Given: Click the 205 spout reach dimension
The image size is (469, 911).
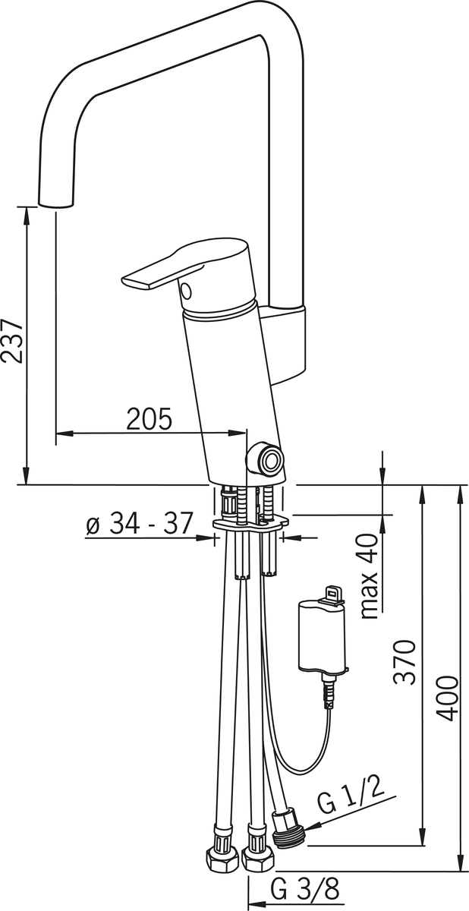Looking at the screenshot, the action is click(x=150, y=419).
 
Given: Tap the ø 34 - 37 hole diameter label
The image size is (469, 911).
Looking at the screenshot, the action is click(x=138, y=522).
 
